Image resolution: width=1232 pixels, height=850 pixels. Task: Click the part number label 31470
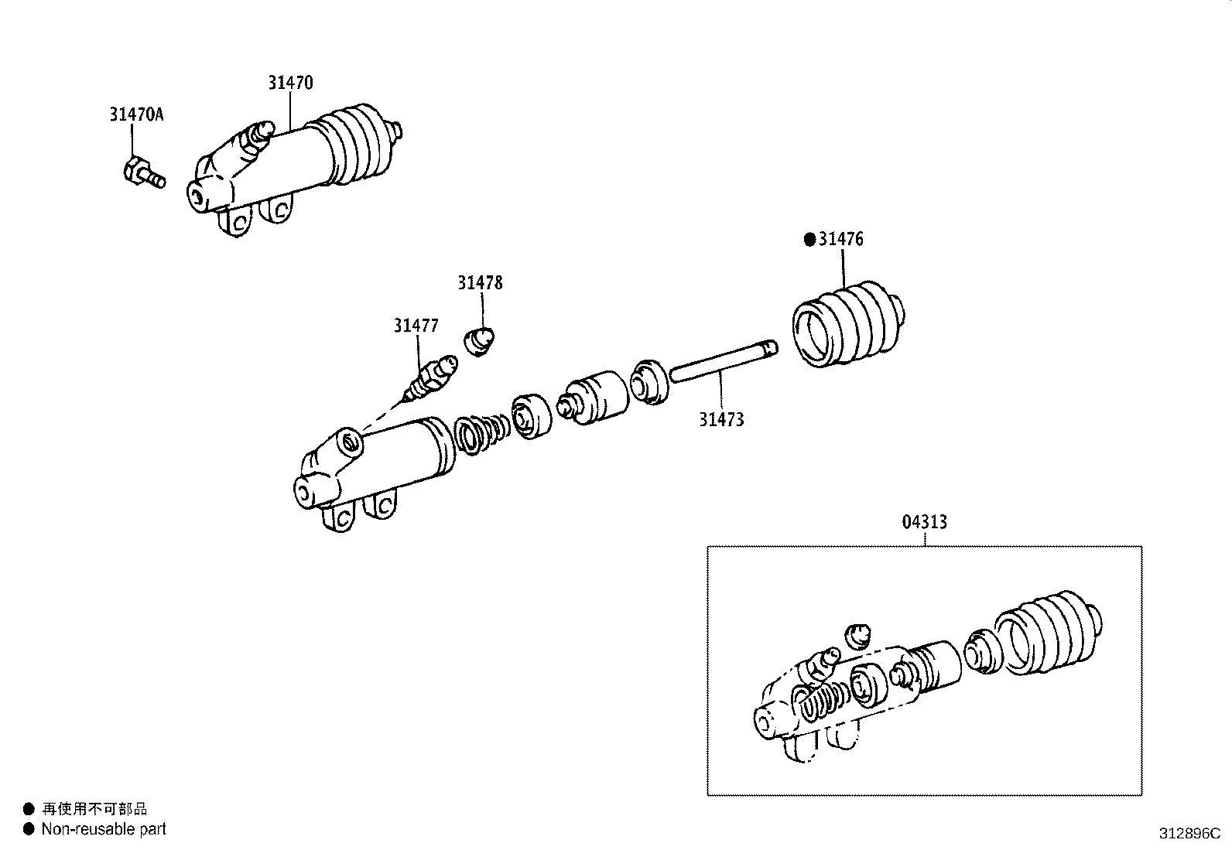[x=290, y=82]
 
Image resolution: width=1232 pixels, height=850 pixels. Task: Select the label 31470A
[x=136, y=114]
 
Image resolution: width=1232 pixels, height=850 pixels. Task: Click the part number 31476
[x=840, y=239]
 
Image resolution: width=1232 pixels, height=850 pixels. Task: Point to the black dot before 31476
[x=809, y=240]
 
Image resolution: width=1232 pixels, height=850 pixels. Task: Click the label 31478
[x=479, y=283]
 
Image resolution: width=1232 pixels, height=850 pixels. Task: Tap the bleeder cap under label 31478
[x=480, y=342]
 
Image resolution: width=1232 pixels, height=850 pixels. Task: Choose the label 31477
[x=416, y=326]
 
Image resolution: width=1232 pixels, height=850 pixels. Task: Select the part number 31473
[x=721, y=420]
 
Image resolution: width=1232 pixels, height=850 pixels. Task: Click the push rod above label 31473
[x=721, y=362]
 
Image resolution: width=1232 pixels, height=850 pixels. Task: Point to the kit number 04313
[x=924, y=523]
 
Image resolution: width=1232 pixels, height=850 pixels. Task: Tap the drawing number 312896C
[x=1189, y=834]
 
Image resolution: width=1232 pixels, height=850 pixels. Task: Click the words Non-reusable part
[x=104, y=829]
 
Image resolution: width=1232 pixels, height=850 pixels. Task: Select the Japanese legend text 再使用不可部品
[x=94, y=809]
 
